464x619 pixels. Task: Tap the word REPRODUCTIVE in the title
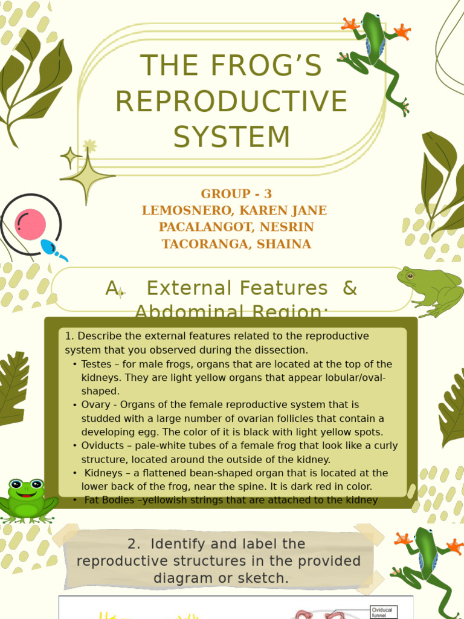click(231, 101)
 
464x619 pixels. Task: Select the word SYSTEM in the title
click(232, 136)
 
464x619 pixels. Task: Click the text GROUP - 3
click(236, 194)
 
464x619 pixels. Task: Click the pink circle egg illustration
click(30, 224)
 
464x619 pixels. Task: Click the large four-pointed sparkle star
click(88, 176)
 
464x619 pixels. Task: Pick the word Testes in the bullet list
click(97, 365)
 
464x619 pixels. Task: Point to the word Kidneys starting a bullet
click(104, 473)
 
